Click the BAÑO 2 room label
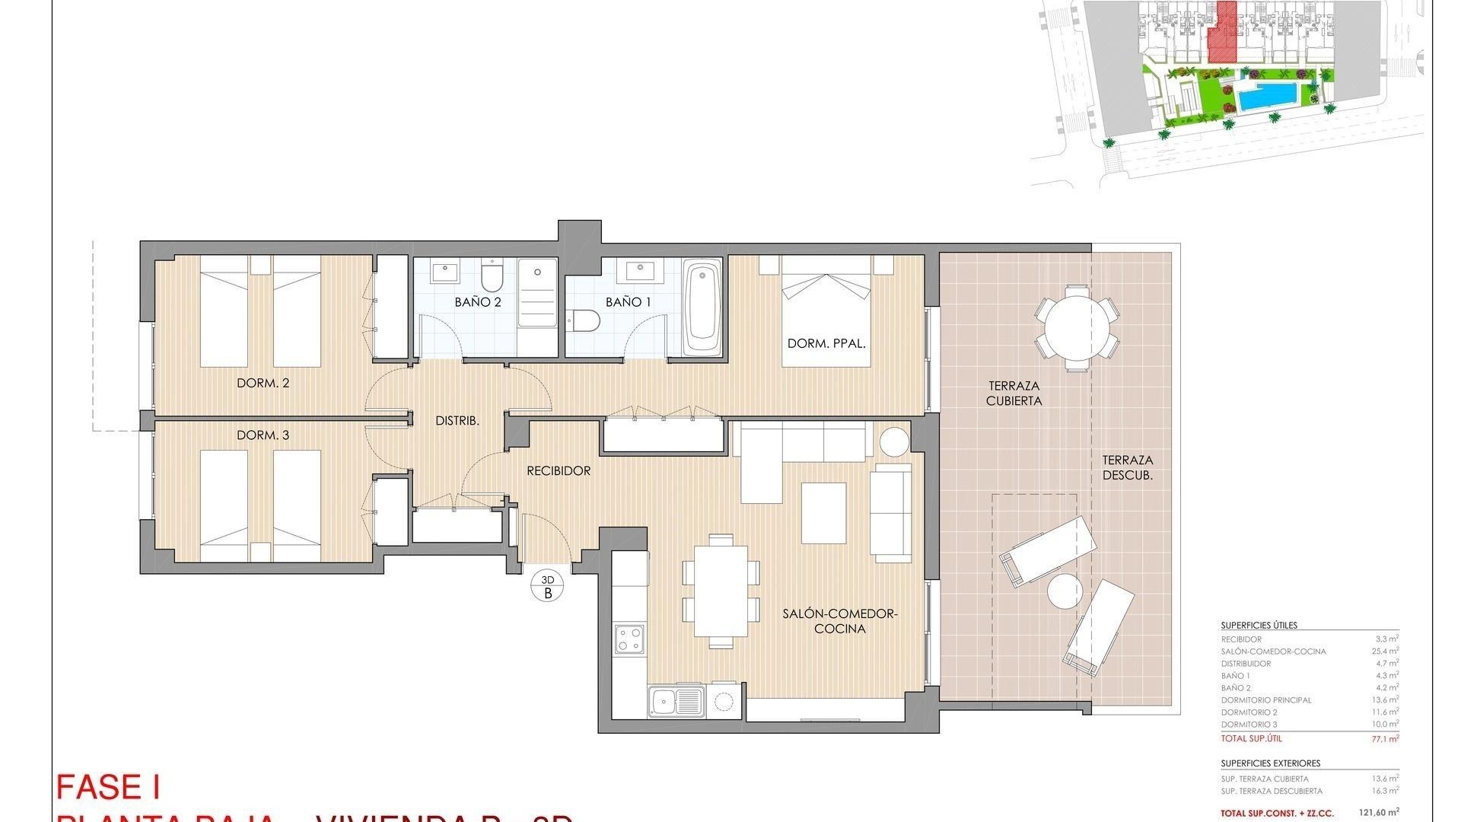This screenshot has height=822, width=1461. pos(478,302)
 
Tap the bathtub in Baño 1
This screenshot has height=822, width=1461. pos(702,309)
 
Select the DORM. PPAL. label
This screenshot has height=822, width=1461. pos(826,344)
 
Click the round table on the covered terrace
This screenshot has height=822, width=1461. pos(1077,328)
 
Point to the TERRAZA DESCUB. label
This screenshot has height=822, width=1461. pos(1128,467)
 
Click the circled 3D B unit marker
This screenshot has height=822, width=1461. pos(547,587)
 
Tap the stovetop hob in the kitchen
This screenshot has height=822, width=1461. pos(630,639)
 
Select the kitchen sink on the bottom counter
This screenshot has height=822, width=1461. pos(676,700)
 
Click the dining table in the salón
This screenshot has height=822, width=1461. pos(721,591)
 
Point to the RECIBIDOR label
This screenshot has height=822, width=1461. pos(559,471)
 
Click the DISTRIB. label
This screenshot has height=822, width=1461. pos(457,420)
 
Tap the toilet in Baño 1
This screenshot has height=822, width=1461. pos(584,321)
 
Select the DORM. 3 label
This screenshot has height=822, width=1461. pos(263,435)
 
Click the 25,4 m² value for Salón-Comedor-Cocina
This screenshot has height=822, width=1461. pos(1386,652)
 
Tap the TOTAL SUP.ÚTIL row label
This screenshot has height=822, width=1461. pos(1251,738)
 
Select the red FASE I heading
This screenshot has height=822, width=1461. pos(107,787)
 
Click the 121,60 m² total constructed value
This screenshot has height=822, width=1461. pos(1378,813)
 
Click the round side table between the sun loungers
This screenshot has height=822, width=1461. pos(1064,591)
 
